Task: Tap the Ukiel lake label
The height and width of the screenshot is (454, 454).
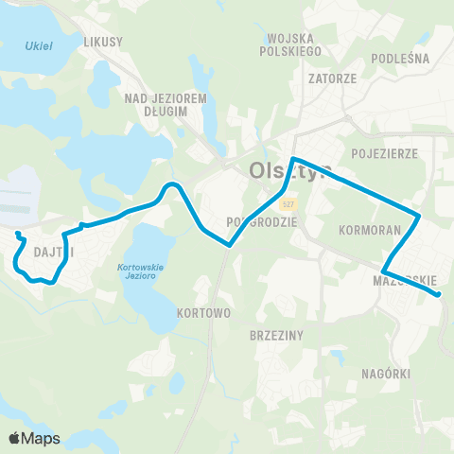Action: pyautogui.click(x=39, y=45)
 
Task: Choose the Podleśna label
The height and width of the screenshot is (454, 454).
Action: pyautogui.click(x=401, y=58)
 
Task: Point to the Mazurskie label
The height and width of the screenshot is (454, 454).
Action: pyautogui.click(x=405, y=280)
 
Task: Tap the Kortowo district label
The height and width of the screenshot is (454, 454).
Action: pyautogui.click(x=203, y=311)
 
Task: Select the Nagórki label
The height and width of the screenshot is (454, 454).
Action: pyautogui.click(x=386, y=374)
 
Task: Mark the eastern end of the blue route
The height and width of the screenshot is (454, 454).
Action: pyautogui.click(x=439, y=295)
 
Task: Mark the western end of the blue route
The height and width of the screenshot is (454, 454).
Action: pyautogui.click(x=18, y=232)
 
